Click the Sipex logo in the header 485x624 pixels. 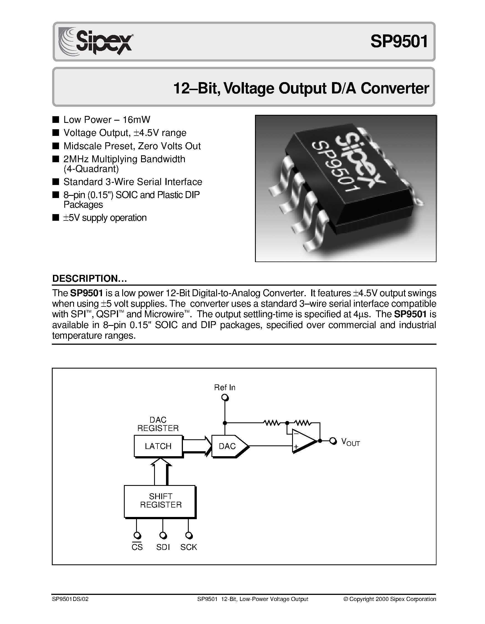pos(96,42)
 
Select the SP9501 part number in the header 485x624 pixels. pos(399,41)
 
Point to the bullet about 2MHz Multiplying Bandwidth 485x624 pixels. pos(124,159)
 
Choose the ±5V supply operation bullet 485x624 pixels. pos(105,218)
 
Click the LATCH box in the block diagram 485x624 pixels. pos(158,446)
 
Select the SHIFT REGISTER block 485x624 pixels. pos(160,501)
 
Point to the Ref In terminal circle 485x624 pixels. pos(225,398)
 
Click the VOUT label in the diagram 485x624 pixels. pos(350,442)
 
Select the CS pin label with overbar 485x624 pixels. pos(137,547)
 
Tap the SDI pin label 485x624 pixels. pos(163,547)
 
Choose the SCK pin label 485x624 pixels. pos(189,547)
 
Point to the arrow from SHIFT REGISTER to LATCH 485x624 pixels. pos(161,472)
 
